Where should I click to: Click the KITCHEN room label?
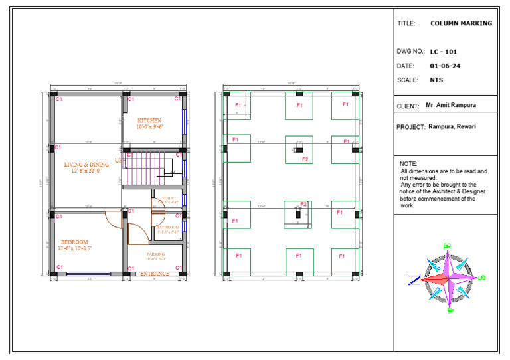point(149,120)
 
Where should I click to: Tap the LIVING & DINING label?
point(86,164)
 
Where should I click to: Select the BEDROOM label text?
point(74,242)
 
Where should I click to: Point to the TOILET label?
point(169,198)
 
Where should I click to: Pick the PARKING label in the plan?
point(156,254)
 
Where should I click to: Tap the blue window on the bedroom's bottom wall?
point(88,273)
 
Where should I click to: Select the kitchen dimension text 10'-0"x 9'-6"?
point(150,126)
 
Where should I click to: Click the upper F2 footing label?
point(305,159)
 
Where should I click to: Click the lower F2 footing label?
point(303,204)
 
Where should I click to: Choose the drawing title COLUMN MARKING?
point(461,23)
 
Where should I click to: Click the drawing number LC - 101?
point(443,52)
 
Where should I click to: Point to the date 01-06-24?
point(445,66)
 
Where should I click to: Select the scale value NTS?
point(436,80)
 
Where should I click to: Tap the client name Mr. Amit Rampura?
point(451,105)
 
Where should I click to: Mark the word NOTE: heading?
point(408,163)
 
